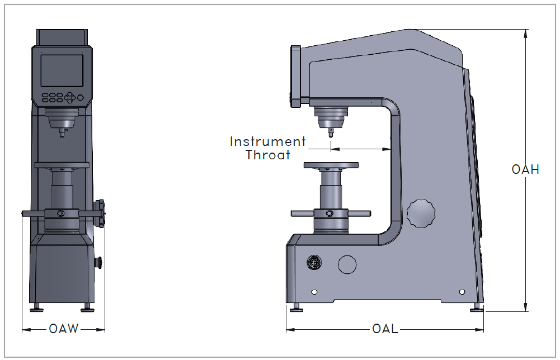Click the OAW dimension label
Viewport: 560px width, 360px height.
(64, 329)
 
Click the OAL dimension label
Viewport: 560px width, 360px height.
(385, 329)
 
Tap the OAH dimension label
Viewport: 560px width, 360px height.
(525, 169)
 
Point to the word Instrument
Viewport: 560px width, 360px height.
(267, 141)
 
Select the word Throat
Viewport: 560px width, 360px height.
(268, 155)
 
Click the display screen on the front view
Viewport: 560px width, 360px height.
(62, 70)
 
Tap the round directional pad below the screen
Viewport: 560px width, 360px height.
(70, 97)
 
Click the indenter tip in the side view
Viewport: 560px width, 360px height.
(331, 134)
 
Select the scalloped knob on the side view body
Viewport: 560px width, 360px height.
(421, 214)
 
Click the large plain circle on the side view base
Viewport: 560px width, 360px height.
(347, 264)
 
